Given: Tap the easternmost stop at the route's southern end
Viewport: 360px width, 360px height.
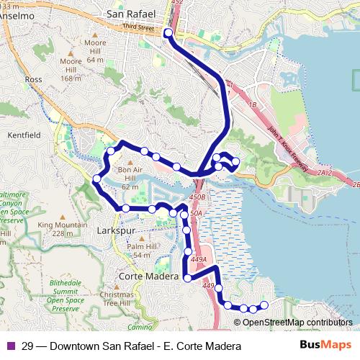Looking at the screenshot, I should click(x=264, y=305).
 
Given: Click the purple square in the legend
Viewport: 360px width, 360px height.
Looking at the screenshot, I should click(x=10, y=346).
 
